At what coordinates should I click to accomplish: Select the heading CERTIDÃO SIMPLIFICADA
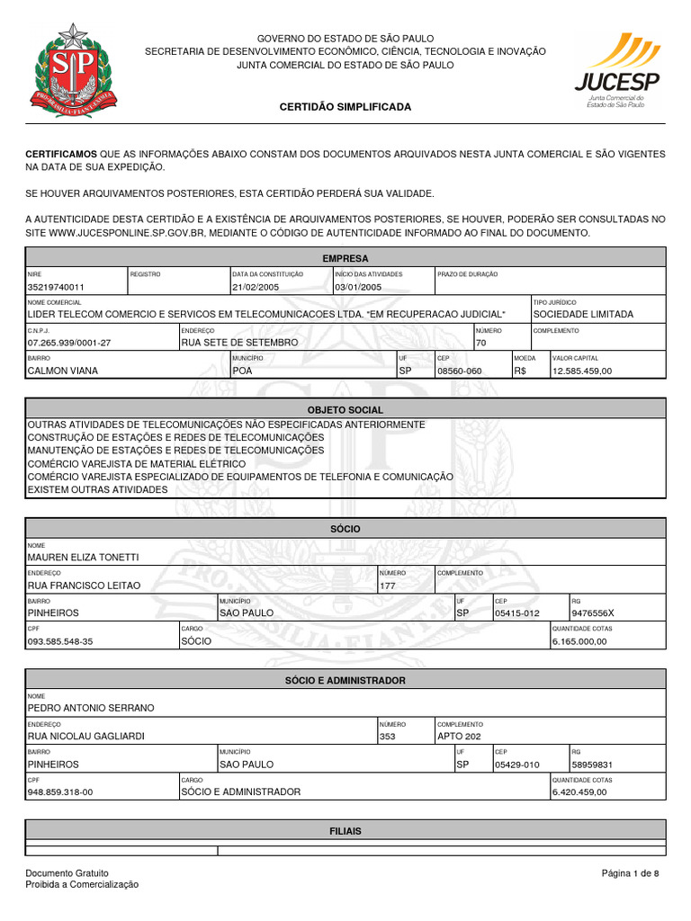click(x=345, y=107)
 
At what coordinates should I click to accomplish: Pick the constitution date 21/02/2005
click(x=257, y=288)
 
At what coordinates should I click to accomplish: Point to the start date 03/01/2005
click(x=359, y=288)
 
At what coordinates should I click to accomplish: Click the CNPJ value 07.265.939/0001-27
click(x=69, y=343)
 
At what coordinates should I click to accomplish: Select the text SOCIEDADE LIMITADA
click(x=583, y=315)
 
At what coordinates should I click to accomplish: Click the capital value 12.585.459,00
click(x=582, y=371)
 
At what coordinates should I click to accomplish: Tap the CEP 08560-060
click(x=459, y=371)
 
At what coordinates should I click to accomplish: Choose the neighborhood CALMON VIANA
click(x=63, y=371)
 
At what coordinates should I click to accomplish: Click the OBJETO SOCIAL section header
click(x=345, y=410)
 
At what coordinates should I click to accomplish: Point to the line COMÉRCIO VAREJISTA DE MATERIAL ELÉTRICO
click(x=136, y=463)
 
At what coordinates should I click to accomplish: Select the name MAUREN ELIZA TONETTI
click(x=84, y=558)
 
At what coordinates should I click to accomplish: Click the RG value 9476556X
click(x=593, y=613)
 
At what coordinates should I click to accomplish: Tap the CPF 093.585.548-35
click(x=60, y=641)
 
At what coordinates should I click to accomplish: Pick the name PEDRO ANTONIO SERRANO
click(x=91, y=708)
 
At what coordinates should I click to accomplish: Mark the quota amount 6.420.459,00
click(x=580, y=792)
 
